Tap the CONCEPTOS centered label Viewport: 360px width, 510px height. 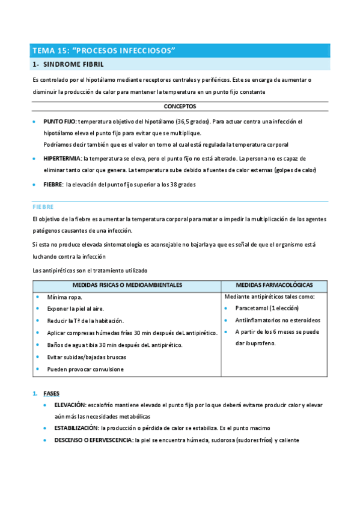180,106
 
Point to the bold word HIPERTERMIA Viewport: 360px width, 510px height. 63,159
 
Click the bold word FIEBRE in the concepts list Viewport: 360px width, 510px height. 53,185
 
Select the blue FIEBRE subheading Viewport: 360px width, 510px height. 43,206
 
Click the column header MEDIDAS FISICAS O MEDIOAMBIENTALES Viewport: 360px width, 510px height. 127,284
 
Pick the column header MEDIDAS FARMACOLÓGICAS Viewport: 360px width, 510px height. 274,284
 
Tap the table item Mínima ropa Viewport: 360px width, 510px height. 65,297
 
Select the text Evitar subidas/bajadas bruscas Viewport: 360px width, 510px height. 87,357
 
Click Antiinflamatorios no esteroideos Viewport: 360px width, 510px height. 278,320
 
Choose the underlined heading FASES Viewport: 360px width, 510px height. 51,393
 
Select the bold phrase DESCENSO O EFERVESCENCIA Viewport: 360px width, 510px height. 93,440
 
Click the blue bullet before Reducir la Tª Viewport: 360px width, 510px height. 37,321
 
